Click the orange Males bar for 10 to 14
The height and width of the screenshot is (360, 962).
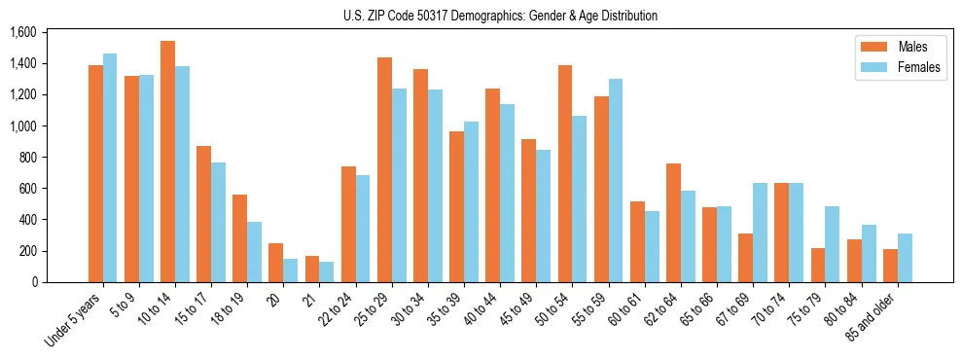click(x=167, y=162)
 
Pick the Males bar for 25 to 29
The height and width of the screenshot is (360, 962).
click(x=384, y=169)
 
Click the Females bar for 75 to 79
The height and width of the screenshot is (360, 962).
click(x=832, y=244)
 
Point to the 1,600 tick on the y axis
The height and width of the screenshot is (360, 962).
click(x=22, y=32)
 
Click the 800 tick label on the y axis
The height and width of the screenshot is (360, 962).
click(x=27, y=158)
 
